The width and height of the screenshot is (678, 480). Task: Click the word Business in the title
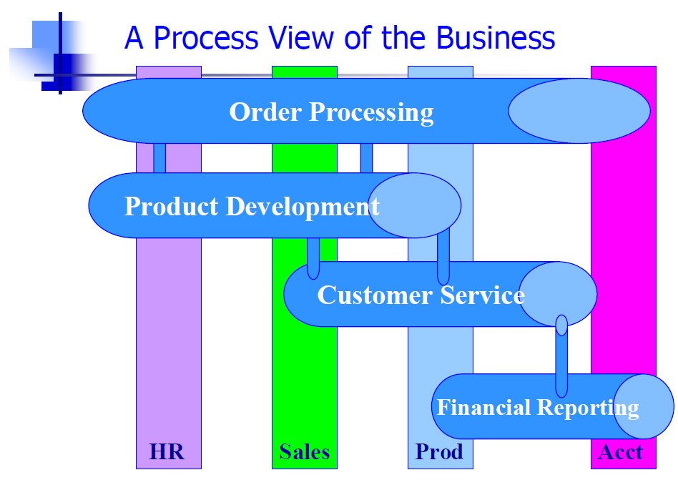(496, 38)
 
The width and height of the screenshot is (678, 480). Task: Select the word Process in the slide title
(206, 38)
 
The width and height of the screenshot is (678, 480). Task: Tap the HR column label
(167, 452)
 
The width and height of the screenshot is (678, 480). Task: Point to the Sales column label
(305, 452)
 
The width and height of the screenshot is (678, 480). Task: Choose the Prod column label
(439, 452)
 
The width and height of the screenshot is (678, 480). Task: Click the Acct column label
(621, 452)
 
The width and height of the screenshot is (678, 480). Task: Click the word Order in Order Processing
(265, 112)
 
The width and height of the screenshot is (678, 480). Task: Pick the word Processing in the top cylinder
(371, 113)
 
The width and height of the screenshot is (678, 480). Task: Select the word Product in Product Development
(171, 206)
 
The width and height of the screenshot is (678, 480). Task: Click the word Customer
(375, 295)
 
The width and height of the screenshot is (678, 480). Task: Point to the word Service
(483, 295)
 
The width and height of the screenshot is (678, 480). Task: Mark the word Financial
(484, 407)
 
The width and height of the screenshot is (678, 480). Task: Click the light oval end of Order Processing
(579, 111)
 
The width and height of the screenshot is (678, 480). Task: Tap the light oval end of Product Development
(415, 205)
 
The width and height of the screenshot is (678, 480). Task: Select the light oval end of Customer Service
(558, 294)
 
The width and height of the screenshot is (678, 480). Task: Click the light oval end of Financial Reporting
(644, 406)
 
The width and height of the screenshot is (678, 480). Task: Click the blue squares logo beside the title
(54, 54)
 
